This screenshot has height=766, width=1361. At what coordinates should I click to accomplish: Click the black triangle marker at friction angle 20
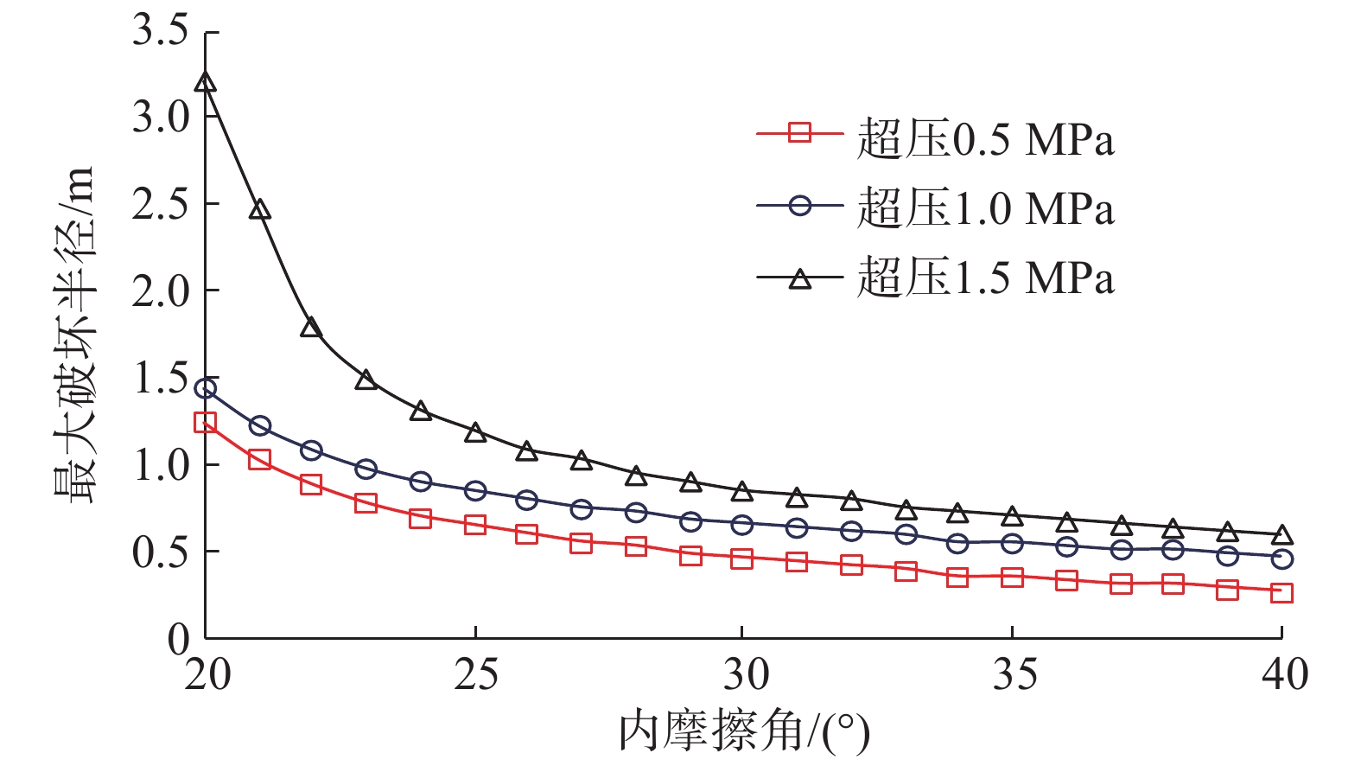point(206,83)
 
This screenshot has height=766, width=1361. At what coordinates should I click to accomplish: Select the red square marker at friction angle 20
point(206,423)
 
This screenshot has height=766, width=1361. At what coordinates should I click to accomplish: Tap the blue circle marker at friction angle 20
point(206,388)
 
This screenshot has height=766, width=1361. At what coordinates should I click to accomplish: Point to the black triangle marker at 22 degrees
point(311,328)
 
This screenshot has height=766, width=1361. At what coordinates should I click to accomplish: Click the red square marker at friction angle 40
point(1282,593)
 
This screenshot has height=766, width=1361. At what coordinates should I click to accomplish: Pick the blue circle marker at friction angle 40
point(1282,559)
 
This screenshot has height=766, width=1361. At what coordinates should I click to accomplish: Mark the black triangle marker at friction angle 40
point(1282,535)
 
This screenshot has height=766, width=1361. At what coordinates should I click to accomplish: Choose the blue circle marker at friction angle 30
point(741,525)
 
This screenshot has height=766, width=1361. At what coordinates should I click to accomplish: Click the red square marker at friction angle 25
point(474,525)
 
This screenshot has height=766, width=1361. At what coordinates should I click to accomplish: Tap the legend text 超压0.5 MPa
point(985,139)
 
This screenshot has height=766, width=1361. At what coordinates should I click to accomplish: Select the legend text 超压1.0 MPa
point(985,208)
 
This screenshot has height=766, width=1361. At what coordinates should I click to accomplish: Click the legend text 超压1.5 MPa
point(985,278)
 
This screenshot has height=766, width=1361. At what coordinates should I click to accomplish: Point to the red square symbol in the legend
point(800,134)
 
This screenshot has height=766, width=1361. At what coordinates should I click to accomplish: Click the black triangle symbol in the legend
point(800,278)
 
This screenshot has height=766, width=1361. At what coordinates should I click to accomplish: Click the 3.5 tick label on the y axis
point(161,31)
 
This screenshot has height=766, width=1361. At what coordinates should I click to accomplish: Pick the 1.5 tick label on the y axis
point(161,379)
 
